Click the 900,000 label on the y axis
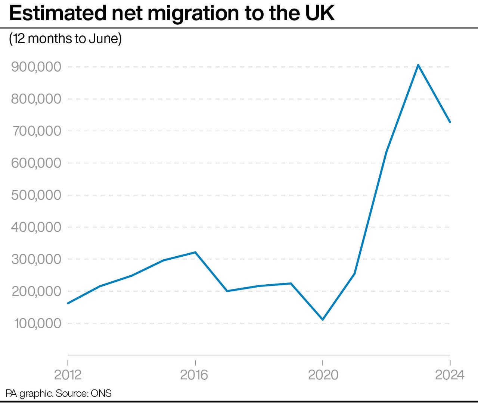[x=36, y=67]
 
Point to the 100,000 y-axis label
[x=37, y=323]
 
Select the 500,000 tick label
[x=36, y=195]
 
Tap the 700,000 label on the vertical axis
[x=36, y=131]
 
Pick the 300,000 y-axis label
[x=36, y=259]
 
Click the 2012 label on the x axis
[x=68, y=375]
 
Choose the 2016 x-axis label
[x=194, y=375]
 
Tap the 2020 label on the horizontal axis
[x=323, y=375]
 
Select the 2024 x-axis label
[x=450, y=375]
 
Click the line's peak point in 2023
[x=418, y=65]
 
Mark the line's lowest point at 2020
[x=323, y=320]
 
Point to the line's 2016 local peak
[x=195, y=252]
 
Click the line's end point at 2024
[x=450, y=122]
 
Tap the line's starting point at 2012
[x=68, y=303]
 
